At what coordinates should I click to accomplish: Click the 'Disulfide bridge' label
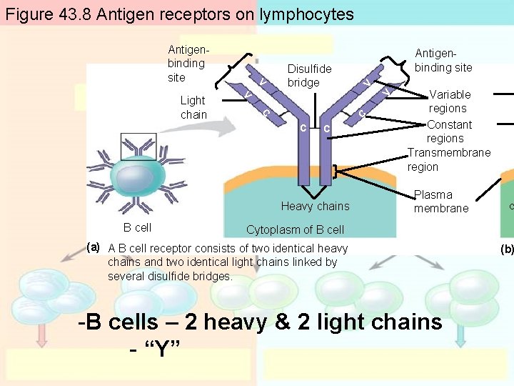tap(309, 76)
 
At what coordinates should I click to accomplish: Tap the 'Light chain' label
tap(193, 107)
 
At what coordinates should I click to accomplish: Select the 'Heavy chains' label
tap(315, 206)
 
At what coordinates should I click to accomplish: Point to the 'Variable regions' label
tap(449, 102)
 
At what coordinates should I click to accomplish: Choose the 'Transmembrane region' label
tap(448, 159)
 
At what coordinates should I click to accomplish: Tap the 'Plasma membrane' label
tap(441, 201)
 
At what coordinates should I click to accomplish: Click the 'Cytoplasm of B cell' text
tap(295, 229)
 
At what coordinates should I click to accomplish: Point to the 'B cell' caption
tap(137, 227)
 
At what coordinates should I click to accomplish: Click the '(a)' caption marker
tap(93, 247)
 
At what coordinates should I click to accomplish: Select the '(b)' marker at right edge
tap(507, 249)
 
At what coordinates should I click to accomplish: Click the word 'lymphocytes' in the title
tap(310, 14)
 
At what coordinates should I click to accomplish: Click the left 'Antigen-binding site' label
tap(186, 63)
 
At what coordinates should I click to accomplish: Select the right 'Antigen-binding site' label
tap(443, 61)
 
